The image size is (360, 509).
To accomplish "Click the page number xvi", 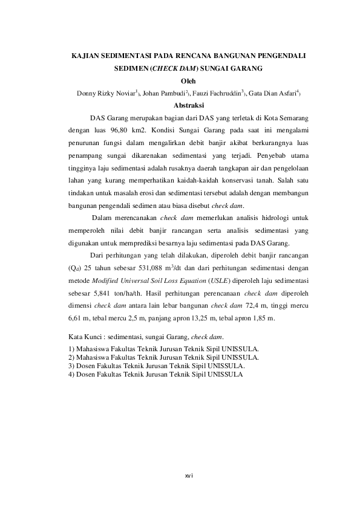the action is [x=188, y=476].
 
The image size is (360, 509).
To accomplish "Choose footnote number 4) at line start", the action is [x=72, y=374].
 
